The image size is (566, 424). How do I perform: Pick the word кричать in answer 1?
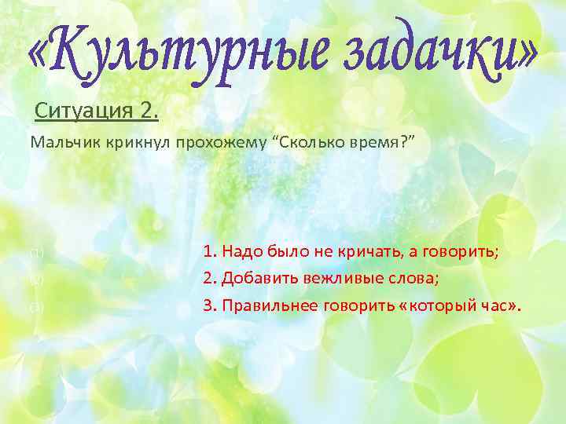tap(374, 252)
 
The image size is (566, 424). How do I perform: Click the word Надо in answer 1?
tap(239, 252)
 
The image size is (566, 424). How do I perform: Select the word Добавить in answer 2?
tap(252, 279)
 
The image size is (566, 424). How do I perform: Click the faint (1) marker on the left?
tap(35, 253)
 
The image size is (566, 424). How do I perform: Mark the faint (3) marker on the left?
tap(35, 306)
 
